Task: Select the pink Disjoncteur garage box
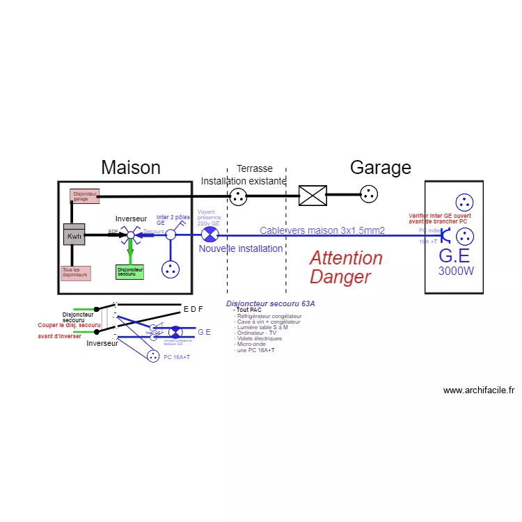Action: [84, 196]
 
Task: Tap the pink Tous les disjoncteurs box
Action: [76, 274]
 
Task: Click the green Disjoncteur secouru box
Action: [129, 272]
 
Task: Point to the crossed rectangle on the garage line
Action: [313, 196]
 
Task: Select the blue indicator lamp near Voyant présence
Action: [207, 235]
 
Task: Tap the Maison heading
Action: [131, 167]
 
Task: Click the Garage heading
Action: [380, 167]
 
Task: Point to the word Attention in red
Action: [346, 258]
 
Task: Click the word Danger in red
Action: [340, 277]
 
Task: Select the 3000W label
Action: [456, 271]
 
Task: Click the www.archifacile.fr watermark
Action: [478, 390]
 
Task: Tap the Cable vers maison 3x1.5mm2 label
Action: [322, 230]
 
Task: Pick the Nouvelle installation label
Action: [241, 248]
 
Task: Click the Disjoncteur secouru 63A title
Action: [271, 303]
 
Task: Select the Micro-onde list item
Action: [252, 344]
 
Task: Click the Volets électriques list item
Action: [260, 338]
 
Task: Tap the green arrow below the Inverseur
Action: [129, 251]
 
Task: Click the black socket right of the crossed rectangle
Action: [369, 196]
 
